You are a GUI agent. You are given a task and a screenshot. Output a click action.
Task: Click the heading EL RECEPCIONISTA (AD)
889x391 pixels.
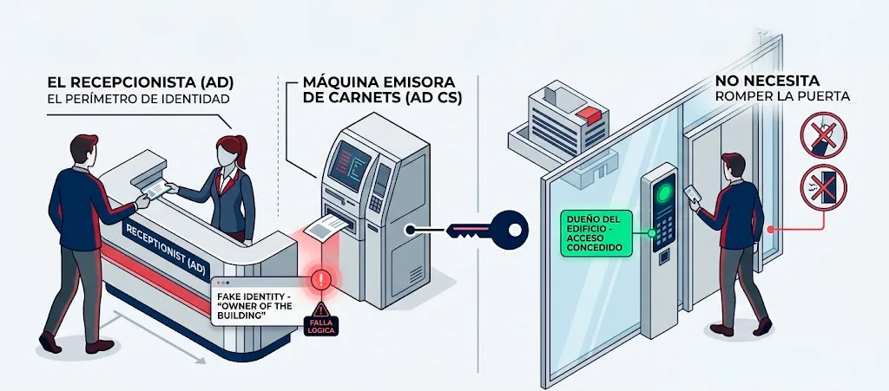pos(141,82)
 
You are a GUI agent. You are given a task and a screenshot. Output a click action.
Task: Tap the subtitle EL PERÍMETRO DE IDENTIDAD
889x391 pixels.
pos(138,100)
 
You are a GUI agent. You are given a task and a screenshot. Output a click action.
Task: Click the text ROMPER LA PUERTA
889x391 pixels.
pos(782,96)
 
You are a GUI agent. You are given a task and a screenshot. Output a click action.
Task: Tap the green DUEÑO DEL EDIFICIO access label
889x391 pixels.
pos(596,232)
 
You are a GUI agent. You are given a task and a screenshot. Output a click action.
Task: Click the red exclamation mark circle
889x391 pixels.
pos(321,279)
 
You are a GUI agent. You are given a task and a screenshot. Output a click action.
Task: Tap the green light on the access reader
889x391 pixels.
pos(663,193)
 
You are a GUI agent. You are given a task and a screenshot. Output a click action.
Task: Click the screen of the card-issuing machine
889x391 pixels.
pos(349,164)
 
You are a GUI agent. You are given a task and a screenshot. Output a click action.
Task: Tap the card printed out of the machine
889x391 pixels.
pos(326,227)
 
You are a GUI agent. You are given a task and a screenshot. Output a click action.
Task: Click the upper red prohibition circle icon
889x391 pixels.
pos(823,134)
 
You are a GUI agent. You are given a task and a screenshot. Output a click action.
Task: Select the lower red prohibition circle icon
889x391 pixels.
pos(823,187)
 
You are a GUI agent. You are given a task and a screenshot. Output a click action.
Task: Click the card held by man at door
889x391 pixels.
pos(692,194)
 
